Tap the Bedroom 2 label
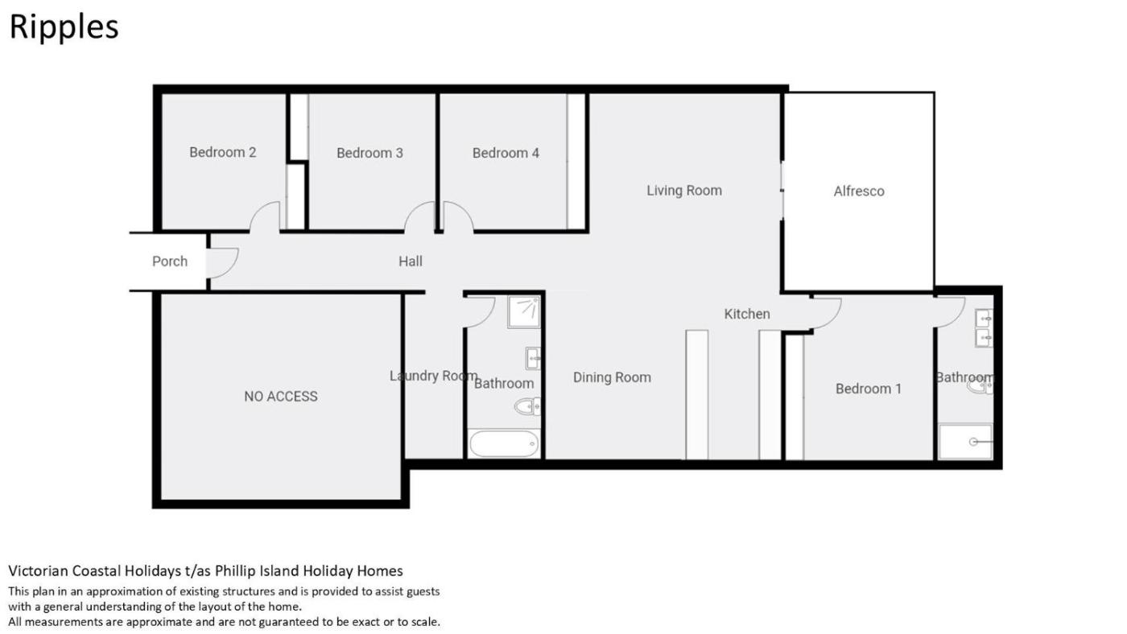tap(222, 152)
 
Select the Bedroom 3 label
tap(369, 153)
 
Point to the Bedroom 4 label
tap(506, 153)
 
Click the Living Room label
tap(684, 191)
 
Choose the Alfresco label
tap(859, 191)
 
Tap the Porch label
tap(170, 261)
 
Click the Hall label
tap(410, 261)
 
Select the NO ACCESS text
tap(281, 397)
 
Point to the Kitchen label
tap(747, 315)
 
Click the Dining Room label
tap(612, 377)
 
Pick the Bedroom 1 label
tap(869, 389)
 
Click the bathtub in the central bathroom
tap(504, 443)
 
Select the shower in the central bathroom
tap(524, 311)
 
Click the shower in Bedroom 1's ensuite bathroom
tap(965, 442)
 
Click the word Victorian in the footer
tap(39, 571)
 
